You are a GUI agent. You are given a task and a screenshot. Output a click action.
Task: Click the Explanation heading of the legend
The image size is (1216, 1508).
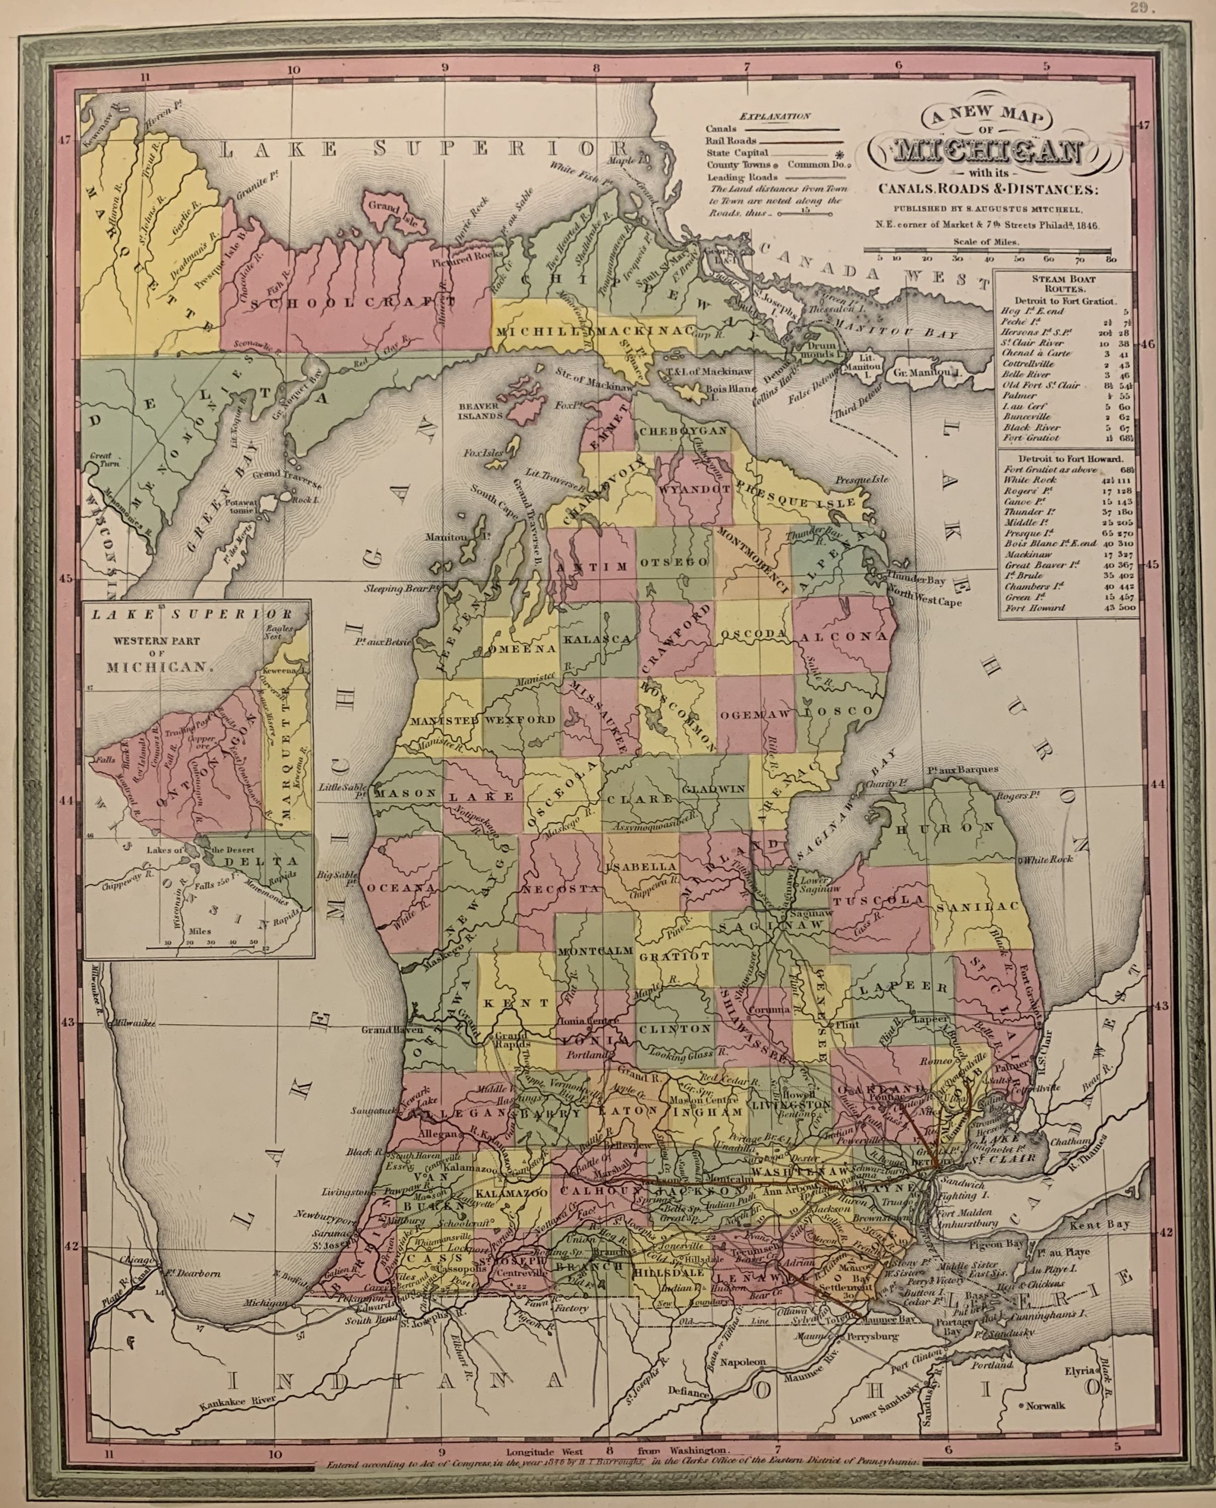click(775, 116)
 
